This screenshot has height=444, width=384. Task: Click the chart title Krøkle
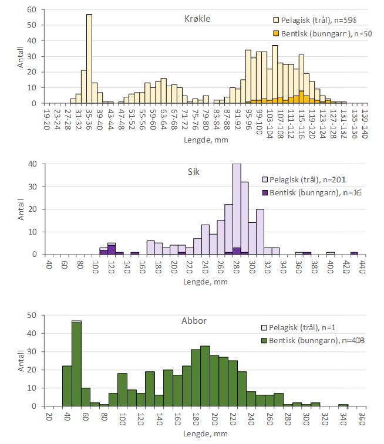[x=196, y=18]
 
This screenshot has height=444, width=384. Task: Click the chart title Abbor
[x=193, y=321]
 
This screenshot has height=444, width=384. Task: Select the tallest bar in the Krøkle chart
[x=89, y=59]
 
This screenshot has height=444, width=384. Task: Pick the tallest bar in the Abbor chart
[x=76, y=364]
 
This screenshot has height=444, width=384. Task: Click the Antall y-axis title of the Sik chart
[x=21, y=209]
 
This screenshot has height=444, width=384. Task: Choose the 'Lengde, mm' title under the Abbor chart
[x=205, y=435]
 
